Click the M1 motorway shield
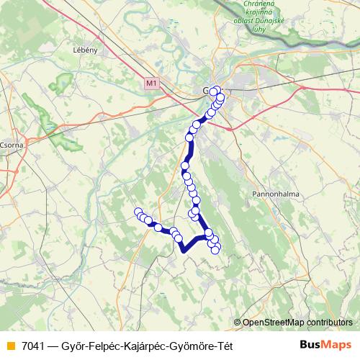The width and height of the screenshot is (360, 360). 150,84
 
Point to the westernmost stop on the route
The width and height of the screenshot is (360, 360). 139,212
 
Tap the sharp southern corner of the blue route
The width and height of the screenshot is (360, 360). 183,251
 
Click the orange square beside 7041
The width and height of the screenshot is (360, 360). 9,344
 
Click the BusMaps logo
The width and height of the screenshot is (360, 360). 325,344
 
